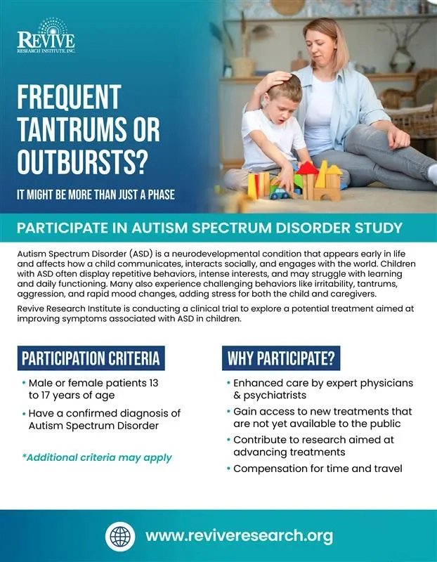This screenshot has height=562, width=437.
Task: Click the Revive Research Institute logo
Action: tap(46, 36)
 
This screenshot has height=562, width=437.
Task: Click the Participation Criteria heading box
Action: tap(91, 358)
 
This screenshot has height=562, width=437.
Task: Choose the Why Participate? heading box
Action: tap(280, 358)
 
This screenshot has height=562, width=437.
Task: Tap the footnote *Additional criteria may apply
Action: tap(97, 457)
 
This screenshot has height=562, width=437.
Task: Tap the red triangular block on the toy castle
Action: tap(306, 168)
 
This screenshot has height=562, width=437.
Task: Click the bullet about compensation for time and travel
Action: tap(318, 469)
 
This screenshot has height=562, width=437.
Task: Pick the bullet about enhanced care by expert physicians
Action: tap(322, 389)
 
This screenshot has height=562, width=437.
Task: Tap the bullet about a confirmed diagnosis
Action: tap(105, 419)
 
